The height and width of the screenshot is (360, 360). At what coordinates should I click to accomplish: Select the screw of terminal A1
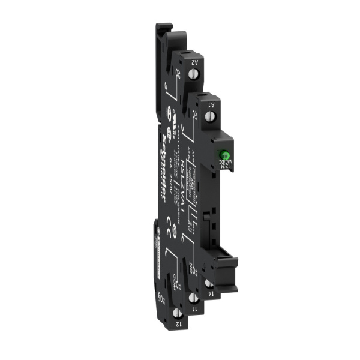coord(210,116)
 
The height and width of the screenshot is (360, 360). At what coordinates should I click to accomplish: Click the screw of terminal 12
coord(177,313)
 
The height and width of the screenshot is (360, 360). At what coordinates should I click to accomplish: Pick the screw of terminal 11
coord(193,298)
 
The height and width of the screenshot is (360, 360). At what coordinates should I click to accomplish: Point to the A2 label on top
coord(196,61)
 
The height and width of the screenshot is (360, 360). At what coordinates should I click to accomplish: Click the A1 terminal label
coord(212,104)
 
